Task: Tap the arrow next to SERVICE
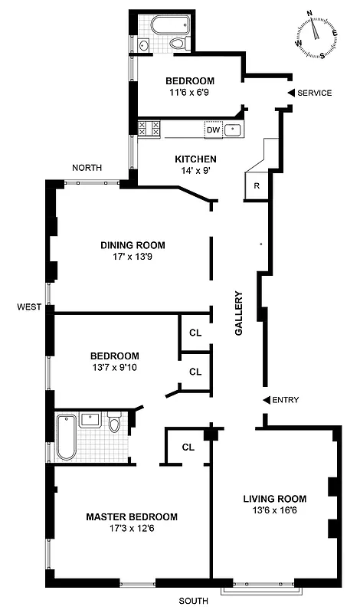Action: pos(290,93)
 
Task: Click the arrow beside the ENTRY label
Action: pos(266,400)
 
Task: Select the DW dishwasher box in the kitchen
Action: pos(213,129)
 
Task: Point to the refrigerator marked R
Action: pos(256,186)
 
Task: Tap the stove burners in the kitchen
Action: pos(149,129)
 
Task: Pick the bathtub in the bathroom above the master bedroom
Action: pos(66,437)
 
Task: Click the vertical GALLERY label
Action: pos(239,313)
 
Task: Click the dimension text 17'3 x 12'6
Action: pos(132,529)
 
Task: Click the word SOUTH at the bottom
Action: pos(193,602)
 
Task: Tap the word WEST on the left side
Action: pos(29,307)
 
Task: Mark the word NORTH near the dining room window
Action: pos(87,168)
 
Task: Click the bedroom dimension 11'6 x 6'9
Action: pos(190,93)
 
